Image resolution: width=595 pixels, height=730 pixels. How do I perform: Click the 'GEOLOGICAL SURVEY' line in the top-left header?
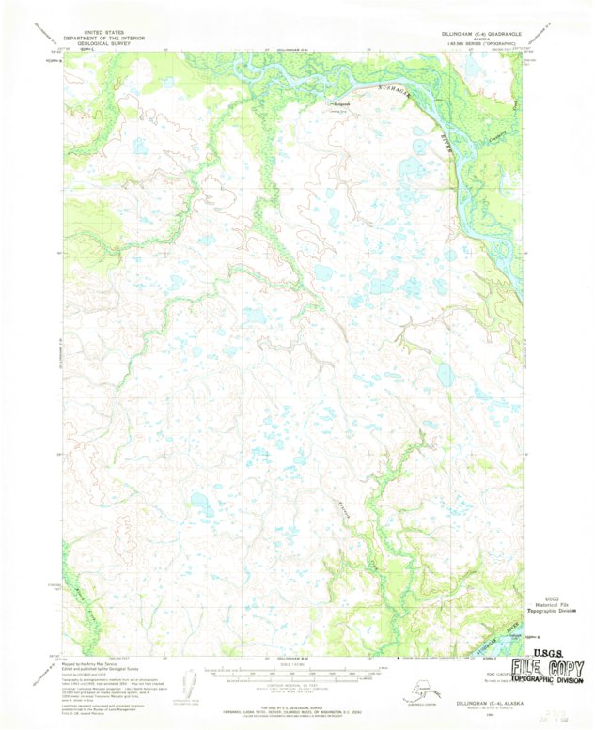106,43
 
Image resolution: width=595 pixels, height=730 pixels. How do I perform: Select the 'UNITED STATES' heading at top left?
106,32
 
